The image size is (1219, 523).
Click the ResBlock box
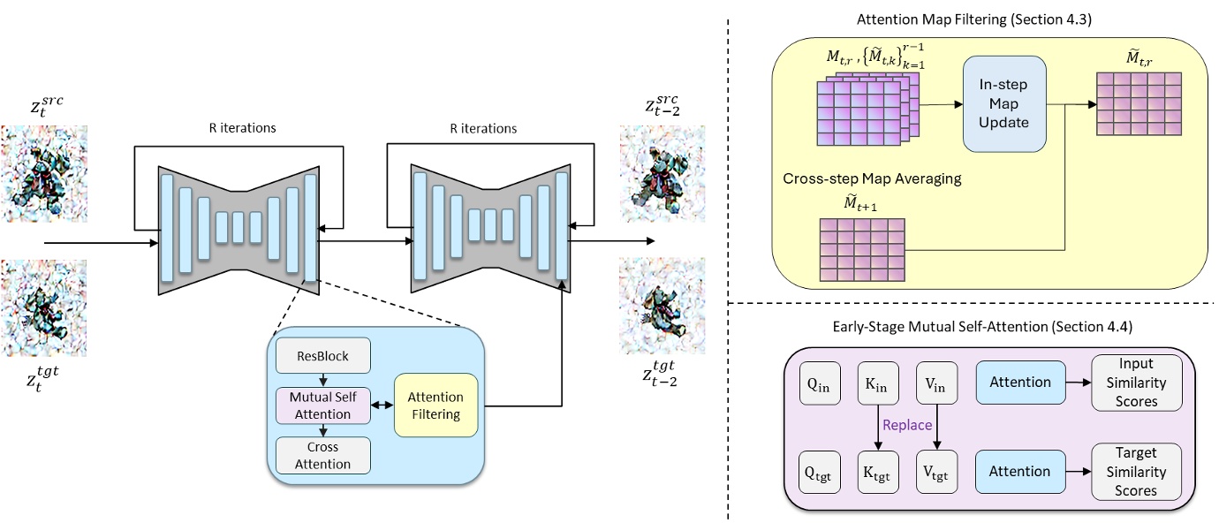pos(322,357)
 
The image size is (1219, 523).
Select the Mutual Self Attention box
pos(322,406)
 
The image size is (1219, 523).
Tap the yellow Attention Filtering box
pos(435,406)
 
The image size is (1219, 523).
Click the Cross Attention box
pos(322,455)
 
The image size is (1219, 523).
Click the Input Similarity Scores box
pos(1136,383)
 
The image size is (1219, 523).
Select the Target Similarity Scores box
pos(1136,471)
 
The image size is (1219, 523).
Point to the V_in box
pos(935,383)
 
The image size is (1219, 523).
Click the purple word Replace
pos(907,425)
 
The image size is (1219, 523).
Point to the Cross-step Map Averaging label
pos(872,178)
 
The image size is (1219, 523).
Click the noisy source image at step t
pos(44,173)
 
